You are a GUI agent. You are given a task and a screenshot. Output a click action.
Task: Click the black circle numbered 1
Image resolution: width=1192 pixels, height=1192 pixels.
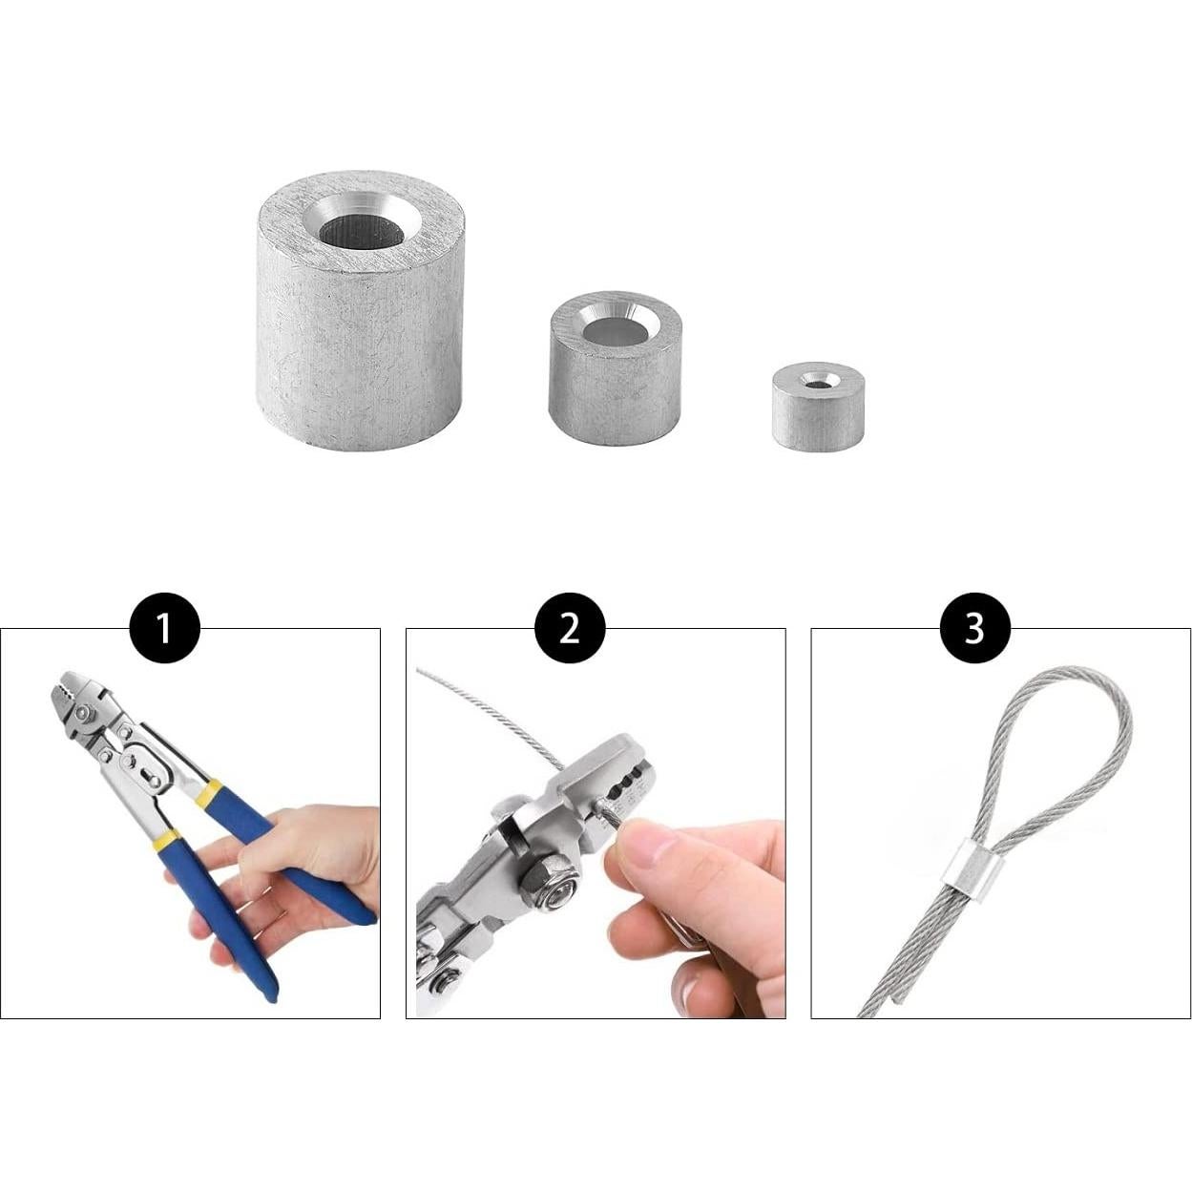coord(164,630)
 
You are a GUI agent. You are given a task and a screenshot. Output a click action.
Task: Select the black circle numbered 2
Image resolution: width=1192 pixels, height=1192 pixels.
coord(570,630)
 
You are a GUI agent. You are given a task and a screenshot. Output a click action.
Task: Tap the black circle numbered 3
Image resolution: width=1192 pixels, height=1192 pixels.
coord(974,630)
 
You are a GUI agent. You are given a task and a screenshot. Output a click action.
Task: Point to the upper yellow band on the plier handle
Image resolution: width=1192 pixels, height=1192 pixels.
coord(209,794)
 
